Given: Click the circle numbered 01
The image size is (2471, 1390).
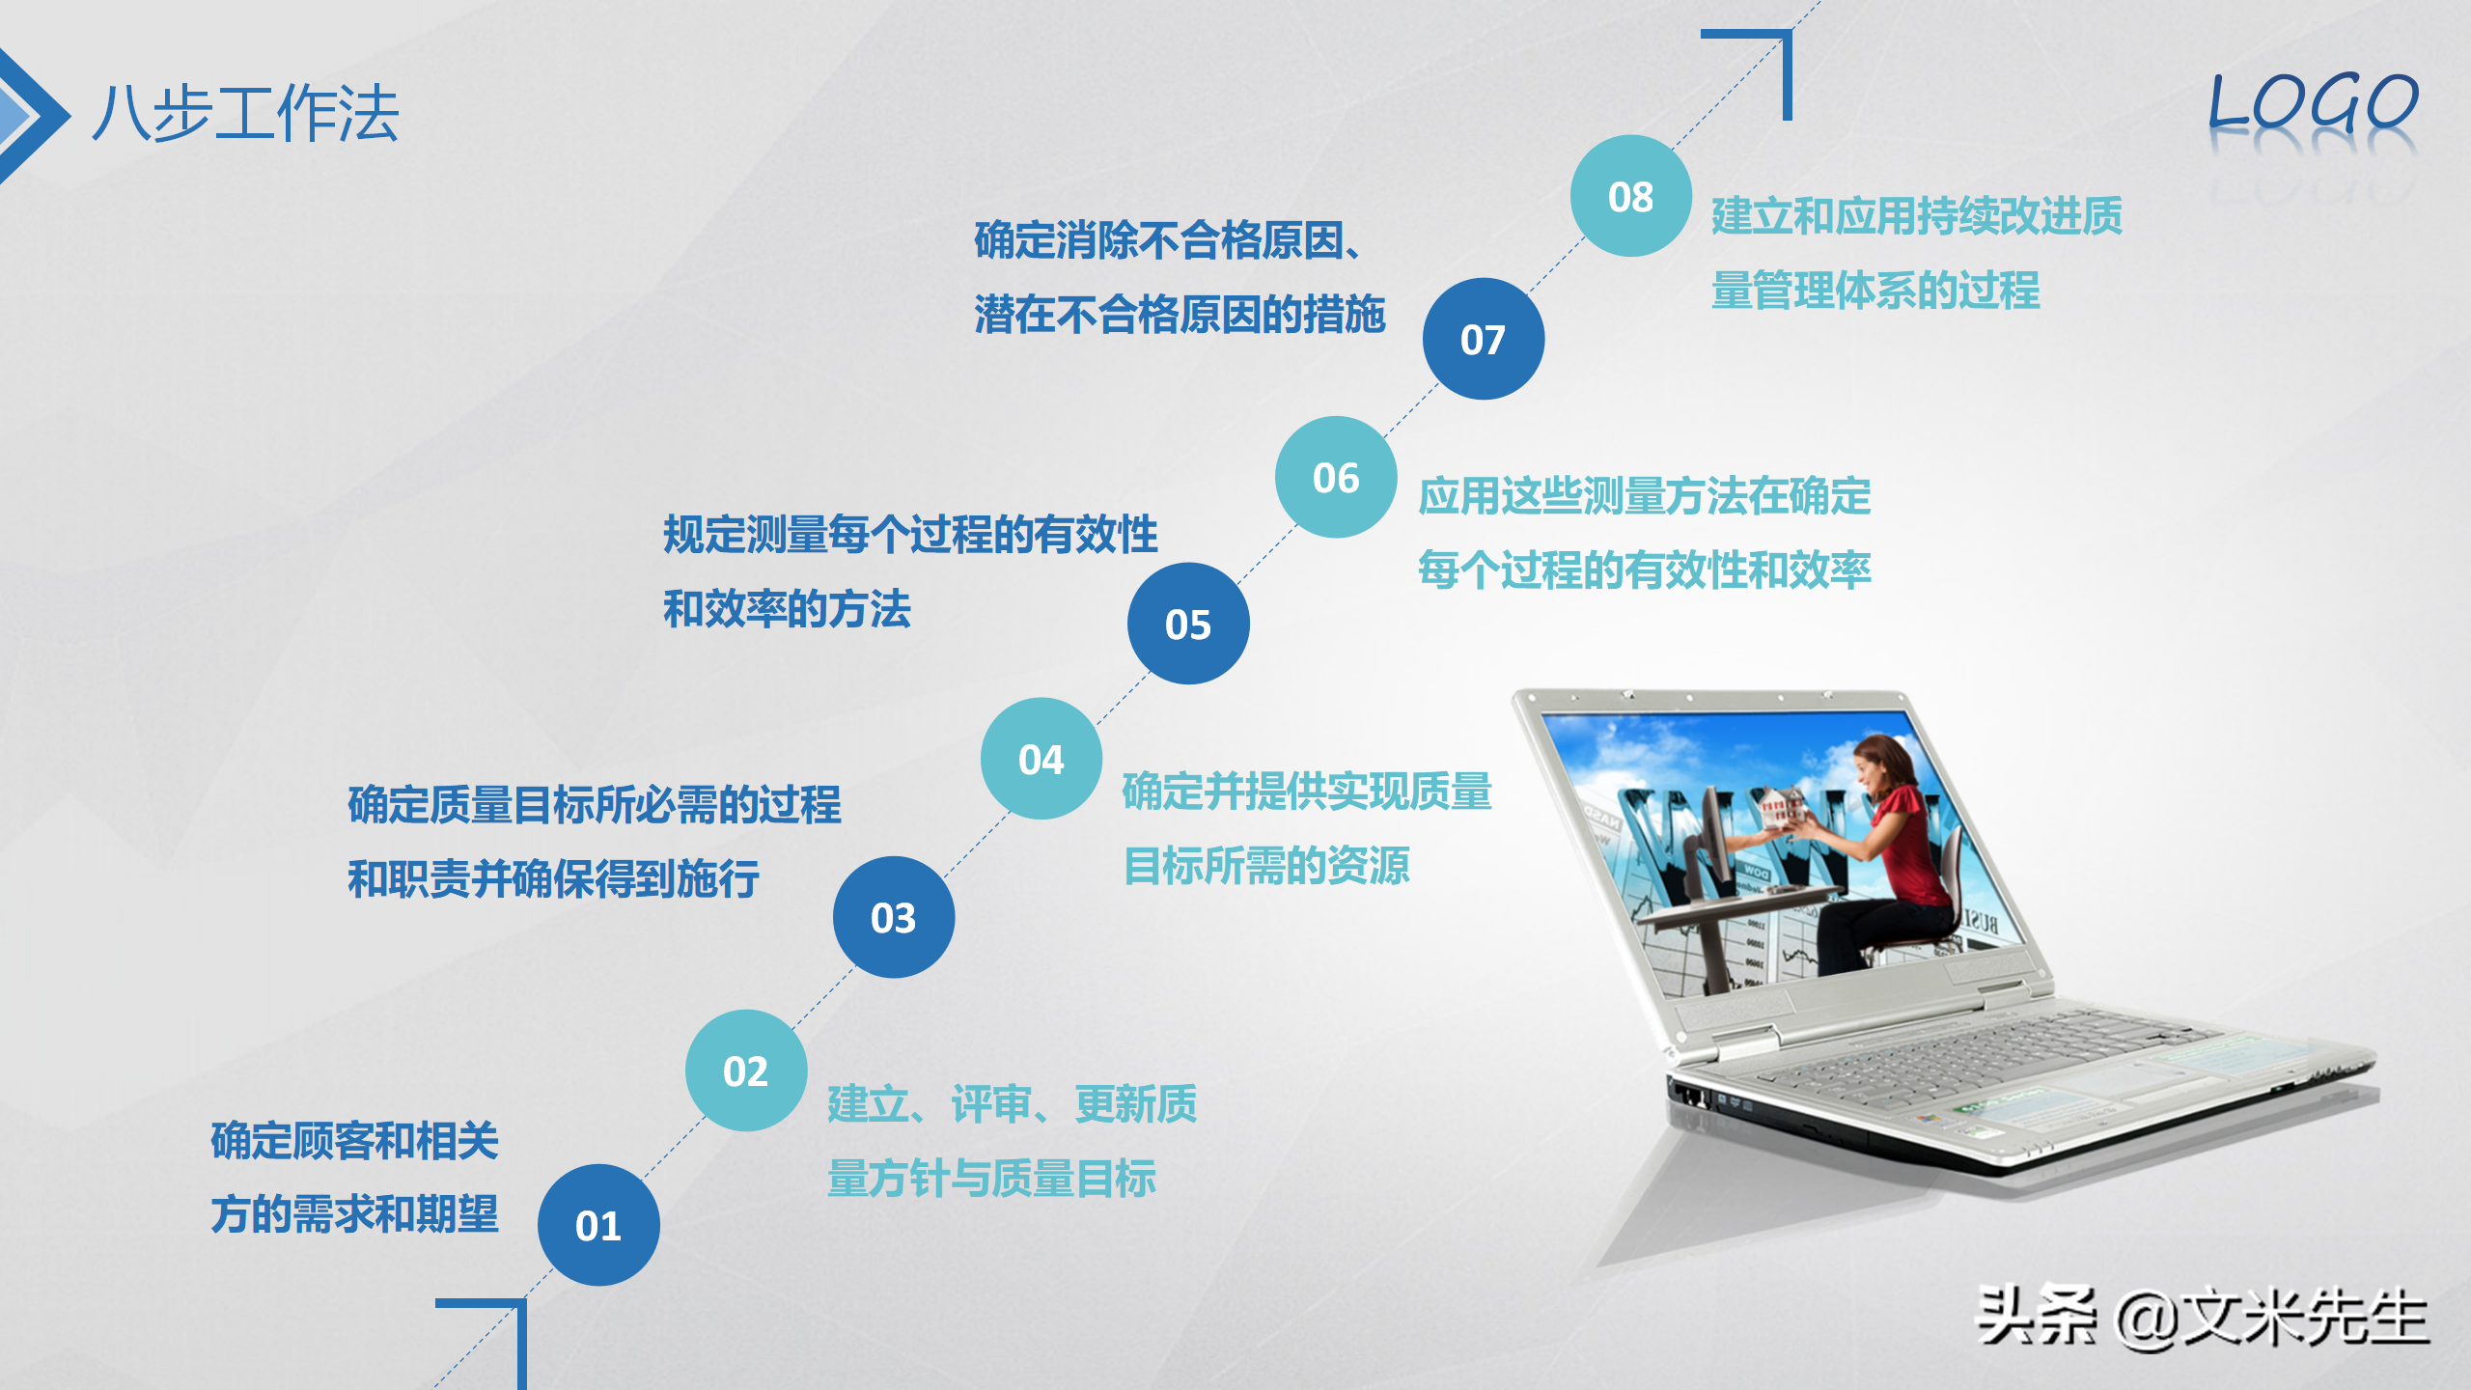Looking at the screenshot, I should pyautogui.click(x=598, y=1225).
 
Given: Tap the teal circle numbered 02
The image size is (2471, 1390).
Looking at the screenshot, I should pyautogui.click(x=746, y=1070).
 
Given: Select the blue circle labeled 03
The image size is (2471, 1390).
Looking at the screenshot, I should pyautogui.click(x=894, y=917).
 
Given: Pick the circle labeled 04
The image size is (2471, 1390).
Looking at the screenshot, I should pyautogui.click(x=1041, y=759).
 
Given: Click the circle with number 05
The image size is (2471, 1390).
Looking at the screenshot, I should pyautogui.click(x=1188, y=624).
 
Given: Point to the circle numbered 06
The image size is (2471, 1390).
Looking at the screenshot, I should pyautogui.click(x=1336, y=477).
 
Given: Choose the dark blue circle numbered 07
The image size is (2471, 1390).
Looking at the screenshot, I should pyautogui.click(x=1484, y=339).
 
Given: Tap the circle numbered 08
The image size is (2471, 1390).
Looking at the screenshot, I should pyautogui.click(x=1631, y=196).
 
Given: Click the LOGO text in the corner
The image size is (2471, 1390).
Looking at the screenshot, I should pyautogui.click(x=2313, y=104).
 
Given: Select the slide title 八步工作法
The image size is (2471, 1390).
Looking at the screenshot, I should pyautogui.click(x=246, y=114).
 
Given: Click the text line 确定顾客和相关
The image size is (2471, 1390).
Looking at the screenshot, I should pyautogui.click(x=354, y=1141).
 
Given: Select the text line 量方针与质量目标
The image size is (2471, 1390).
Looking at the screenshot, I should pyautogui.click(x=991, y=1179).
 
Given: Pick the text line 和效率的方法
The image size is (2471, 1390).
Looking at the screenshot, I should pyautogui.click(x=787, y=609).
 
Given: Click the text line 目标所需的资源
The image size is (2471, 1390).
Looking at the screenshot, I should pyautogui.click(x=1266, y=866).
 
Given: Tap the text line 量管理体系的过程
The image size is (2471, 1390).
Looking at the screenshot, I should pyautogui.click(x=1875, y=291).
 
